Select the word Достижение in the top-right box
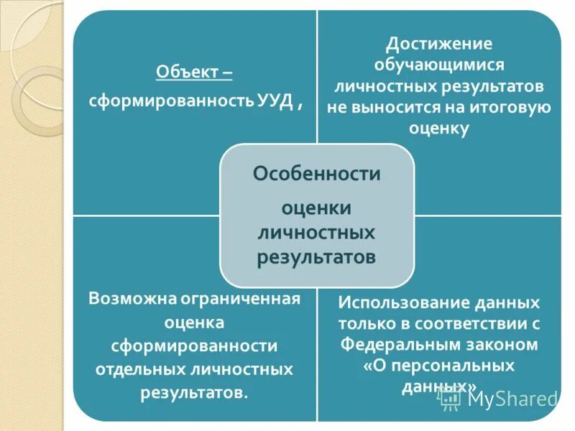[439, 45]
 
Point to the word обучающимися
[439, 65]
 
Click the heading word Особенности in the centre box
[316, 173]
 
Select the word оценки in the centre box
[316, 207]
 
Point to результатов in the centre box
[316, 256]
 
